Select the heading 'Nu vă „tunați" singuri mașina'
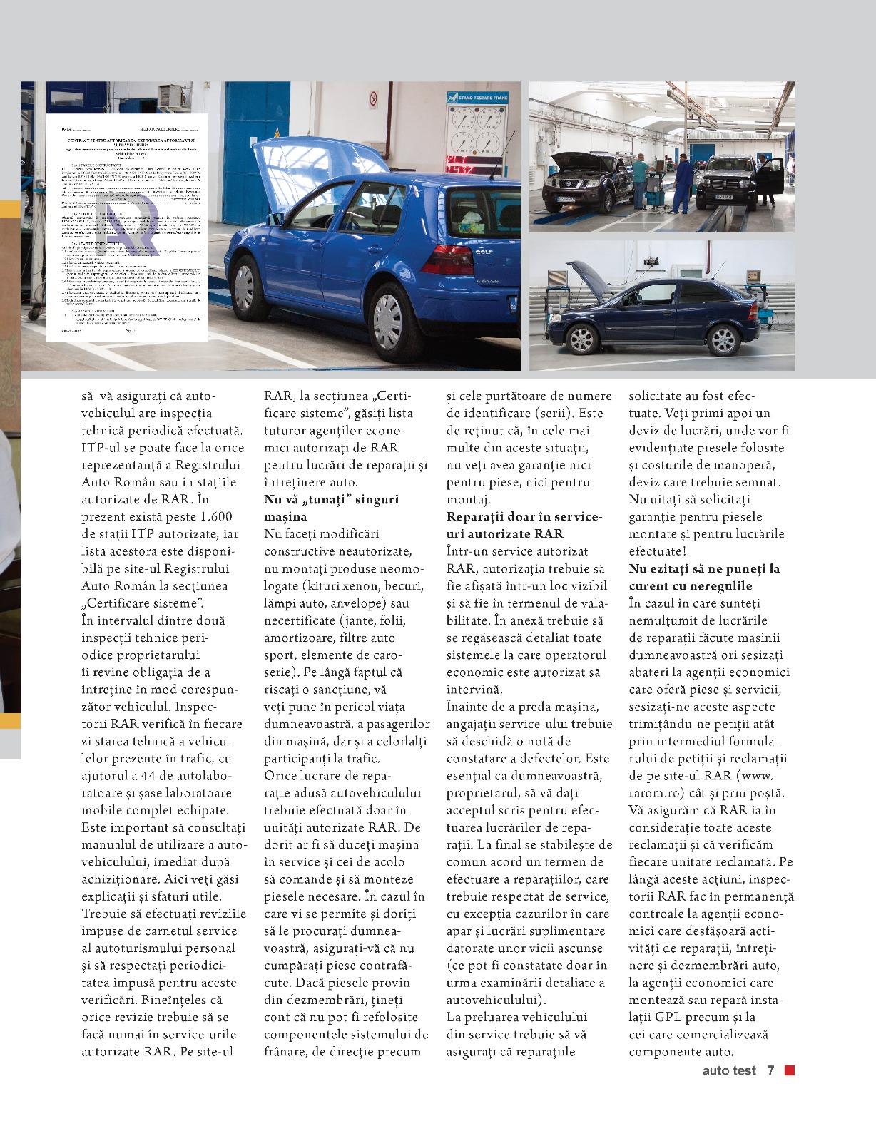coord(331,507)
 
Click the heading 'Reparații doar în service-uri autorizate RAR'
coord(525,524)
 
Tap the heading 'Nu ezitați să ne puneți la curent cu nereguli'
coord(704,577)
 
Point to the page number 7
coord(770,1070)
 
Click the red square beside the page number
coord(789,1070)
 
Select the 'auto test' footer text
coord(728,1070)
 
